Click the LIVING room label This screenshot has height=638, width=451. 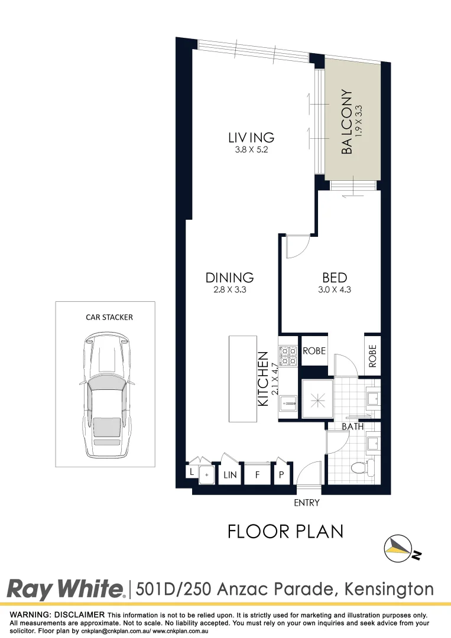pos(251,138)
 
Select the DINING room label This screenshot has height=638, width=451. pos(229,277)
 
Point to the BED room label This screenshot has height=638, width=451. pos(334,277)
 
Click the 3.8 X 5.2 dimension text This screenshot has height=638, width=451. pos(251,151)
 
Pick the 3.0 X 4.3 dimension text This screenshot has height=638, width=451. pos(334,289)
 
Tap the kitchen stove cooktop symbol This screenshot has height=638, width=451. pos(288,356)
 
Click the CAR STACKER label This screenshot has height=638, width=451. pos(109,317)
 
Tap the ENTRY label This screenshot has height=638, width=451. pos(306,503)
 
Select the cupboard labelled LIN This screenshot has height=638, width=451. pos(230,474)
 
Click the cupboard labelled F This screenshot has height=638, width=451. pos(258,474)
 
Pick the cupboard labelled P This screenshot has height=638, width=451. pos(282,474)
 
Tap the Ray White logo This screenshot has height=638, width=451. pos(66,589)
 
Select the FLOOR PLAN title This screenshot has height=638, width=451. pos(285,532)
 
